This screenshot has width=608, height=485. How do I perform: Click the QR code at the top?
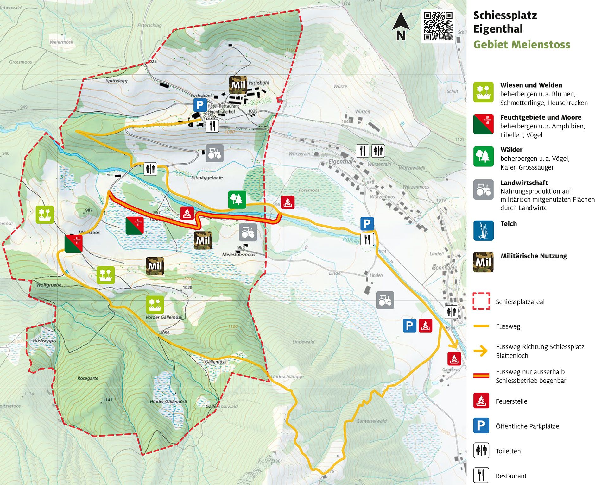click(438, 26)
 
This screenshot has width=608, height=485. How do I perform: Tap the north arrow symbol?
click(401, 27)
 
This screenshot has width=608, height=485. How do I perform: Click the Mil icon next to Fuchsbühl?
click(238, 85)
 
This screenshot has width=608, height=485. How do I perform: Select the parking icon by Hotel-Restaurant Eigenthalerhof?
click(200, 105)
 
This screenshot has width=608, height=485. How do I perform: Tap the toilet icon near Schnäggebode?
click(150, 169)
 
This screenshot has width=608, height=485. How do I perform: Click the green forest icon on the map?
click(237, 200)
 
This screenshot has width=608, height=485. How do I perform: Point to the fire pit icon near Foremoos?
click(288, 202)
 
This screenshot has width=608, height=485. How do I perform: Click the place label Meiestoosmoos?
click(238, 254)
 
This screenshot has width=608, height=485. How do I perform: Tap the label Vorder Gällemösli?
click(164, 317)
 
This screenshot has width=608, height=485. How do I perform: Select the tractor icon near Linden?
click(385, 300)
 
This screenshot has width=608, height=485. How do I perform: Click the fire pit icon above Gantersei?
click(454, 358)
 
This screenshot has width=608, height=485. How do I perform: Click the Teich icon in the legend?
click(483, 230)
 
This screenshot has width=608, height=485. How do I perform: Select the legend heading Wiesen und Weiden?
click(531, 85)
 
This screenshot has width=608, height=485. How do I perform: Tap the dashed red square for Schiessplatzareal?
click(481, 301)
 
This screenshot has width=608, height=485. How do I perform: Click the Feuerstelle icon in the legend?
click(481, 401)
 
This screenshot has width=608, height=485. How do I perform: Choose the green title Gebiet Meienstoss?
click(521, 45)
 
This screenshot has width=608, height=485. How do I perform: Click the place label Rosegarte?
click(88, 378)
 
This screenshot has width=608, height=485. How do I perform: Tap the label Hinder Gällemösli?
click(168, 401)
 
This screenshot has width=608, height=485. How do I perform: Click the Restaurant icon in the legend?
click(481, 475)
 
